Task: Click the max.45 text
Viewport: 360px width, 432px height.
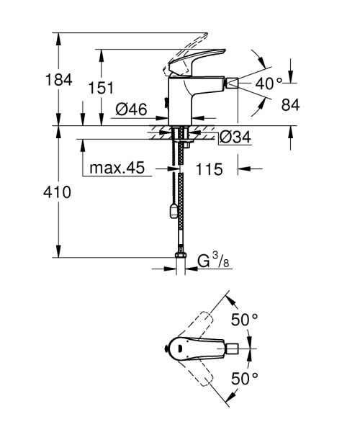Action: (117, 169)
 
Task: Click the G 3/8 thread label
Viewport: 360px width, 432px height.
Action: (212, 260)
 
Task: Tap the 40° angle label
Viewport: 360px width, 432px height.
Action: (269, 83)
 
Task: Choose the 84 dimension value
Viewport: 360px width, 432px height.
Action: (290, 105)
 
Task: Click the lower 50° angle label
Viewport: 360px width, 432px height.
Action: (245, 379)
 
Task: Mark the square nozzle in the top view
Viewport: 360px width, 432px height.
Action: (232, 348)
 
